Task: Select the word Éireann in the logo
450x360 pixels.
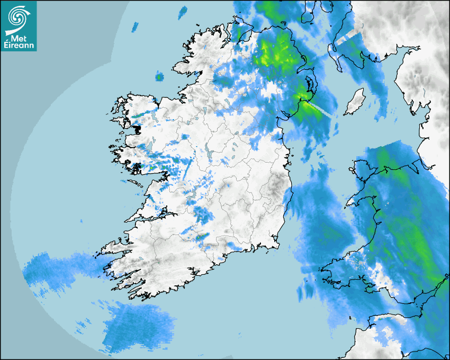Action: click(x=19, y=46)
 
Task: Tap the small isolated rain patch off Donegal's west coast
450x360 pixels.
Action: click(x=159, y=77)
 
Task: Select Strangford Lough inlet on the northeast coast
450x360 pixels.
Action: click(x=307, y=85)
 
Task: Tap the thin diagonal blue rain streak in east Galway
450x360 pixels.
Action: click(x=186, y=169)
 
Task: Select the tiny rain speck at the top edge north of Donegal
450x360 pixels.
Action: click(x=183, y=11)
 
